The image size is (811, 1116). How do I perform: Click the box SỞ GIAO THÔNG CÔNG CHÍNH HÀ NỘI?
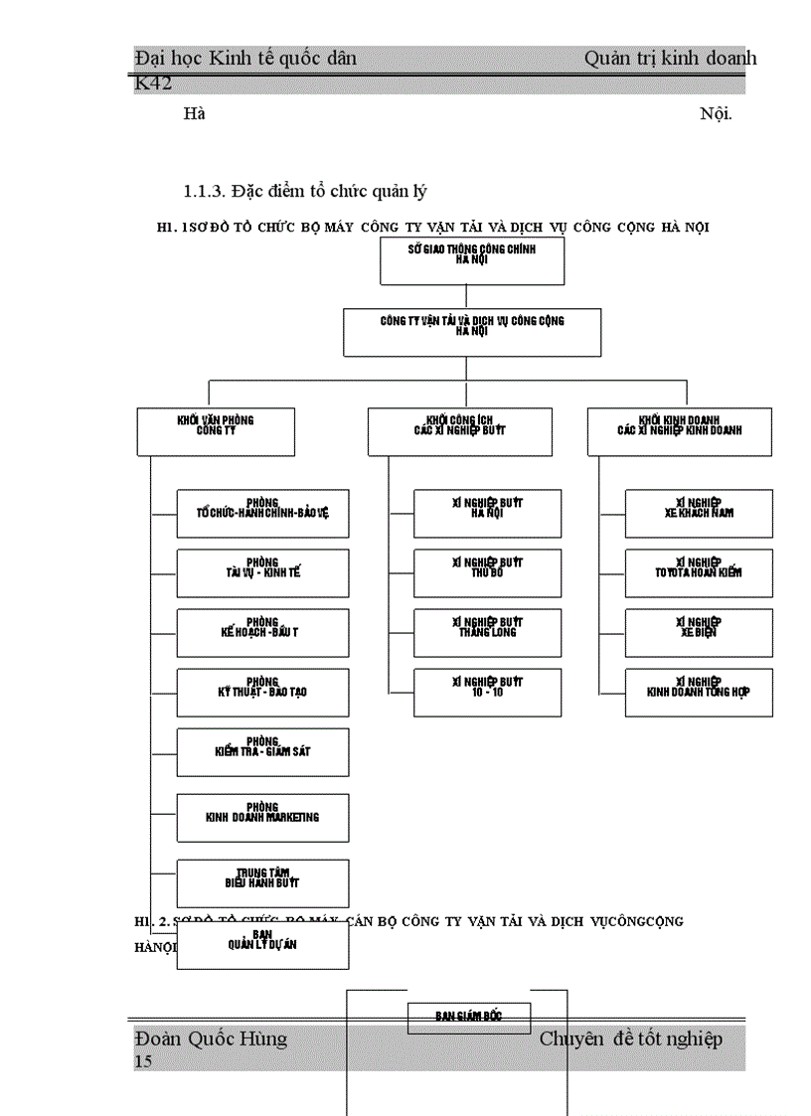click(472, 260)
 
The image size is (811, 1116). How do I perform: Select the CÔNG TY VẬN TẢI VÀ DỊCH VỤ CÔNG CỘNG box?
click(472, 332)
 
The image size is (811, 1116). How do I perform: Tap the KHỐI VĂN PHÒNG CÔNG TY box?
click(216, 431)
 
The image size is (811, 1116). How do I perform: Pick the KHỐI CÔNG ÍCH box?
click(460, 431)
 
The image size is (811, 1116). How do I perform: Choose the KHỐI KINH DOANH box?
click(679, 431)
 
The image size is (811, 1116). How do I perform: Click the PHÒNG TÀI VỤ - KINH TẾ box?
click(262, 573)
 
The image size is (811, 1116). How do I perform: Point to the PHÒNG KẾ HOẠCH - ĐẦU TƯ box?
click(262, 633)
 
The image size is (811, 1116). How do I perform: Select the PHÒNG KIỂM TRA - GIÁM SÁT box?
click(262, 752)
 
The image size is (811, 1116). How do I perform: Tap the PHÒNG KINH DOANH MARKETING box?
click(262, 818)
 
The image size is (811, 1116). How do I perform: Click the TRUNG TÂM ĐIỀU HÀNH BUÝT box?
click(262, 882)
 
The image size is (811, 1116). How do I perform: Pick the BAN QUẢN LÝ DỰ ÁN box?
click(262, 946)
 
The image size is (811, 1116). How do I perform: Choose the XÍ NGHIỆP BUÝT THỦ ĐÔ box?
click(487, 573)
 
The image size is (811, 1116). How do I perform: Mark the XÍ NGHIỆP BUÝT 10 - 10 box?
click(487, 693)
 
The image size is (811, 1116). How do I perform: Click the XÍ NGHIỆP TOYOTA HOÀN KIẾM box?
click(699, 573)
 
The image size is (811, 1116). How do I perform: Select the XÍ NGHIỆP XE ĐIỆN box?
click(699, 633)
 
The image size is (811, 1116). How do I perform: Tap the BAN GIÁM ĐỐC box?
click(469, 1018)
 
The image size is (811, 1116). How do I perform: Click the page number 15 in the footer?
click(144, 1062)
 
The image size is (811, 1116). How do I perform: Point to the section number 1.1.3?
click(208, 190)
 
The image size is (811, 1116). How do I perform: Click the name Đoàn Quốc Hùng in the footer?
click(211, 1039)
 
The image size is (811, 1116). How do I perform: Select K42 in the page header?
click(153, 82)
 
